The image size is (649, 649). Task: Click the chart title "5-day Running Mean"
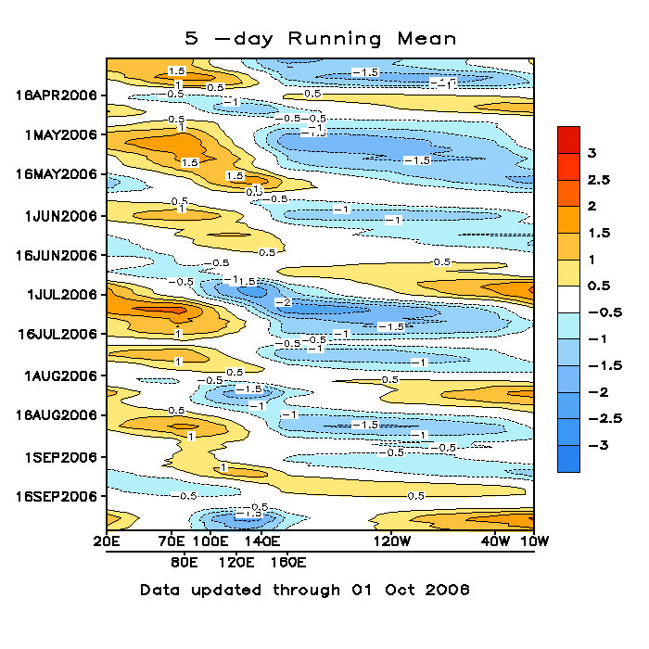[x=322, y=38]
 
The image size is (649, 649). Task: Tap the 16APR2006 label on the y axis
[x=57, y=95]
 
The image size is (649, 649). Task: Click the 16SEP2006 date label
[x=57, y=496]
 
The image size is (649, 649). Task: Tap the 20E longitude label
[x=107, y=541]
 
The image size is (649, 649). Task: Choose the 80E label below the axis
[x=185, y=562]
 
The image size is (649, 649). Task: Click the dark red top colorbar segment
[x=568, y=139]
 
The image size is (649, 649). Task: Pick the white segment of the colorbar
[x=568, y=299]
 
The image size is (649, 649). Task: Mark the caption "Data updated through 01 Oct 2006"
[x=305, y=590]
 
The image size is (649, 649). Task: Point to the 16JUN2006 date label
[x=57, y=255]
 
